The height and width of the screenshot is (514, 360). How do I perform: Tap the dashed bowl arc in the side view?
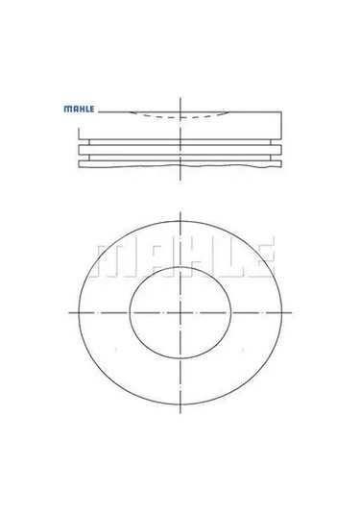[180, 116]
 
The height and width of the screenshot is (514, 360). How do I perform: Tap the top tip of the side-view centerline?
[180, 97]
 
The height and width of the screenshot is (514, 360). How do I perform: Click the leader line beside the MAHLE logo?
[110, 111]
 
